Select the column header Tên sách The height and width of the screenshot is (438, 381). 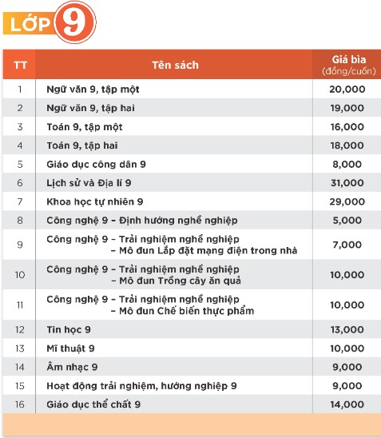pyautogui.click(x=175, y=65)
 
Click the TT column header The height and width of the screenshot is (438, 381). pyautogui.click(x=19, y=65)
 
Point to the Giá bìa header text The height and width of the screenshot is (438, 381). pyautogui.click(x=347, y=59)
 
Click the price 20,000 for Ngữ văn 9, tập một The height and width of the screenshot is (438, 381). pyautogui.click(x=347, y=90)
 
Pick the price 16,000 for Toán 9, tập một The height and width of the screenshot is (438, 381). pyautogui.click(x=347, y=127)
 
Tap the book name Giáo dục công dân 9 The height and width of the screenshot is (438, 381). pyautogui.click(x=97, y=164)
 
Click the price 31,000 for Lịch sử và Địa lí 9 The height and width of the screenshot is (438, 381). pyautogui.click(x=347, y=183)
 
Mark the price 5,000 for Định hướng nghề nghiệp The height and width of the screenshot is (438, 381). pyautogui.click(x=347, y=220)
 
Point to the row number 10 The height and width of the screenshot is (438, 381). pyautogui.click(x=19, y=274)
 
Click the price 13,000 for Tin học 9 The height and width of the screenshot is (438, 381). pyautogui.click(x=347, y=329)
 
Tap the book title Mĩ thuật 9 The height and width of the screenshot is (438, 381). pyautogui.click(x=70, y=348)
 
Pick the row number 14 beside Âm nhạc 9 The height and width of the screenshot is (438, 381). pyautogui.click(x=19, y=367)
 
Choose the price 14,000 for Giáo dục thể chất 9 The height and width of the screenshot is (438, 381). pyautogui.click(x=347, y=404)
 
